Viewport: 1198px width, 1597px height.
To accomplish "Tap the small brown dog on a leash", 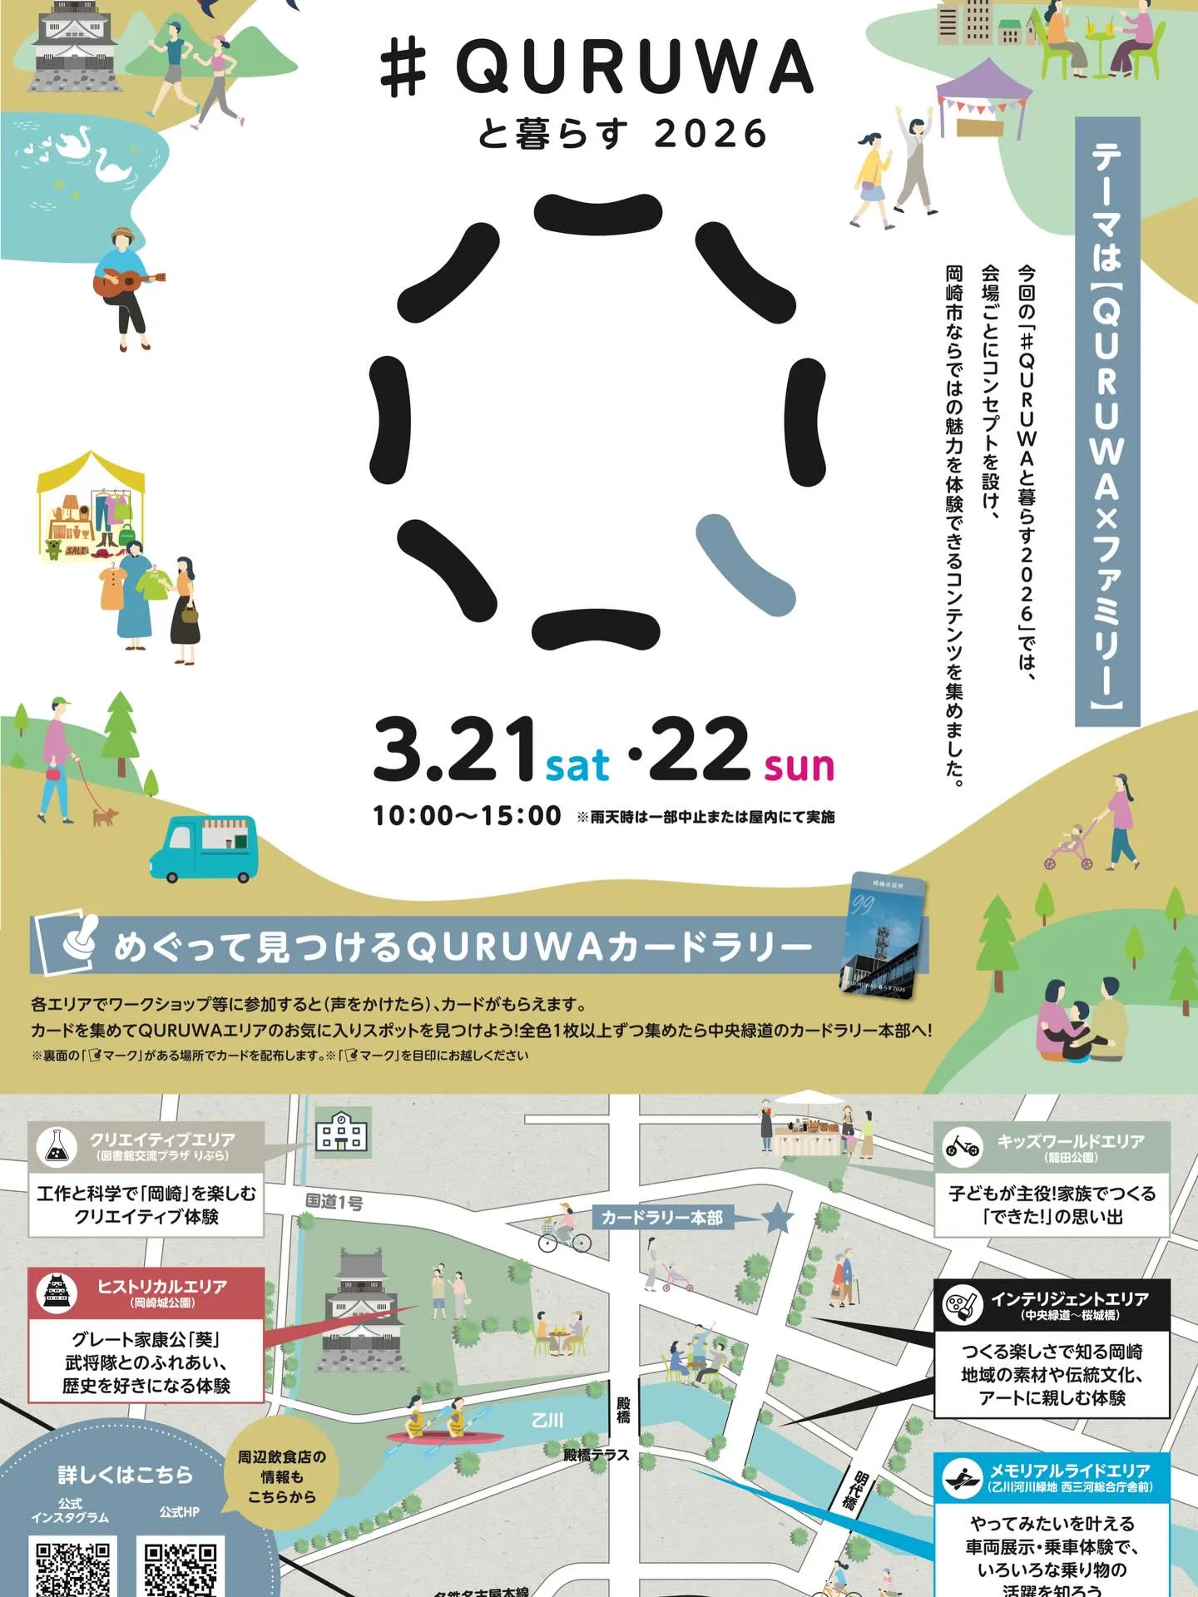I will [x=104, y=817].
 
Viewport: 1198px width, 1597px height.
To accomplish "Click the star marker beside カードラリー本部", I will [x=777, y=1218].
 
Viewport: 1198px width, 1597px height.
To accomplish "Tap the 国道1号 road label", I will [x=334, y=1201].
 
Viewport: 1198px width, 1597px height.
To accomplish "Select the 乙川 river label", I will [x=547, y=1420].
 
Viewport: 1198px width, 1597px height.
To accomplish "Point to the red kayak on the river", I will [x=443, y=1436].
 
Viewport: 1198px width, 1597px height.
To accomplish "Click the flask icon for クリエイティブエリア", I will [x=57, y=1146].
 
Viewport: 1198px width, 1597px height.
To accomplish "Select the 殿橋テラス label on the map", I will [x=596, y=1455].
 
